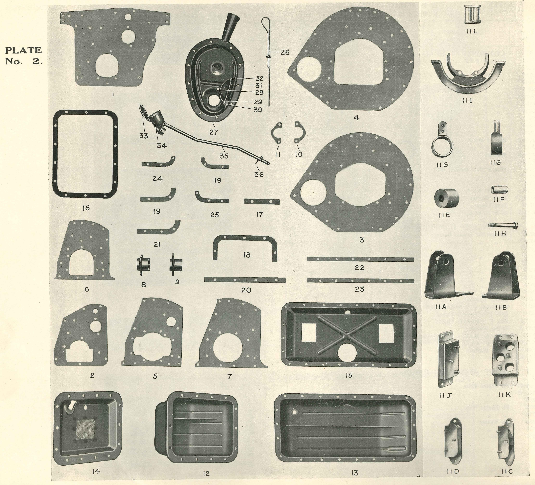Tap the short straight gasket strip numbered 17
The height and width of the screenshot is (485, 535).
261,202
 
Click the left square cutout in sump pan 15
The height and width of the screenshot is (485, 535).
309,333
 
